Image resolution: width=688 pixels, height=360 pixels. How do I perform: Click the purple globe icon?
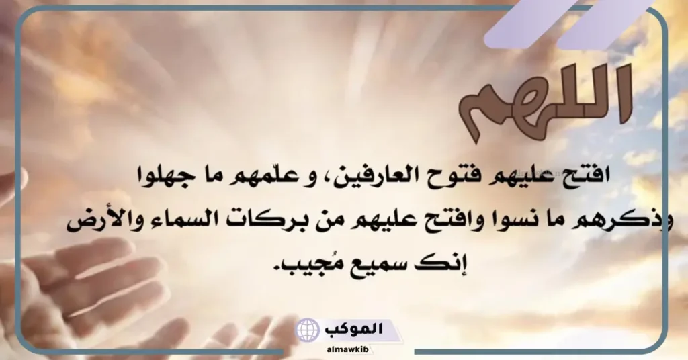pos(308,330)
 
